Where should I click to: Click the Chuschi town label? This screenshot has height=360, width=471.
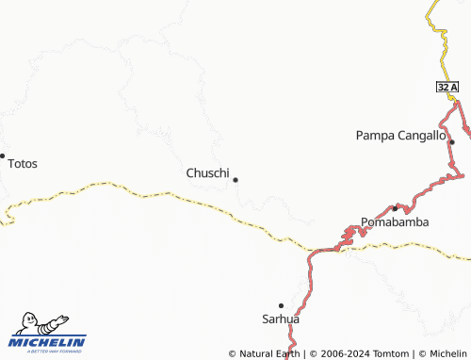pos(207,172)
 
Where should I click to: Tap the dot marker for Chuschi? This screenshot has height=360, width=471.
pos(235,179)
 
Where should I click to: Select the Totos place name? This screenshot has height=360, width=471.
pos(23,164)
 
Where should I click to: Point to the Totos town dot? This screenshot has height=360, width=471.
pos(3,155)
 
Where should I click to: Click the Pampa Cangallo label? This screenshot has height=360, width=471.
pos(400,136)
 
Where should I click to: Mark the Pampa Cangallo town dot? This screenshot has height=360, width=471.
pos(452,142)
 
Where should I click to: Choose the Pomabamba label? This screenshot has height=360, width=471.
pos(396,222)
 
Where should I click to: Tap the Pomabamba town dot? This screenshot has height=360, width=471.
pos(395,207)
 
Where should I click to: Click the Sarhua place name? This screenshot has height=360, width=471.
pos(280,319)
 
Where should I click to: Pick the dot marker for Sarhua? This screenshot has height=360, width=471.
pos(281,305)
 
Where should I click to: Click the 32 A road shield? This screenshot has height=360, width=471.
pos(447,87)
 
